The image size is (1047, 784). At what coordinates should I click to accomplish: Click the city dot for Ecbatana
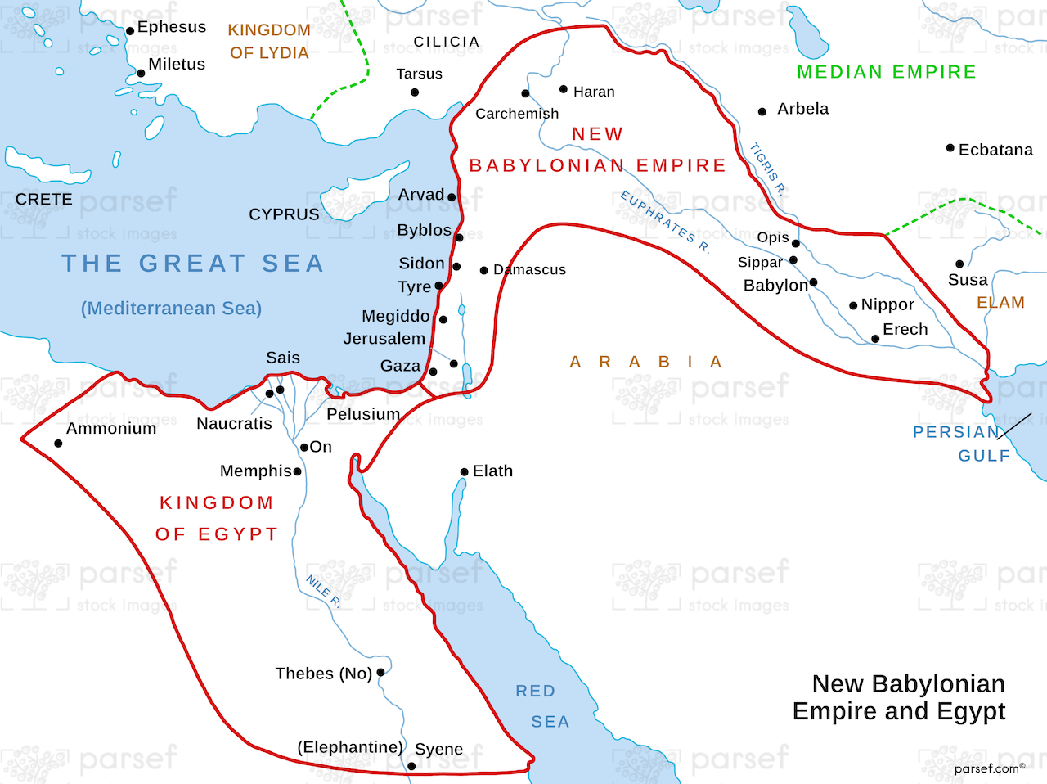click(950, 148)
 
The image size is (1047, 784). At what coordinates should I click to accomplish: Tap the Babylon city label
click(775, 286)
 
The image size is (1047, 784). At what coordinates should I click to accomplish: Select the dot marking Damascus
click(484, 270)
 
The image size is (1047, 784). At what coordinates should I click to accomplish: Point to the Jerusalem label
click(384, 339)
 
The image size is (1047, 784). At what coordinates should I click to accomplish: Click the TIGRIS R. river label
click(768, 169)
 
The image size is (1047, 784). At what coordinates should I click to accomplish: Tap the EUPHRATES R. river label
click(665, 222)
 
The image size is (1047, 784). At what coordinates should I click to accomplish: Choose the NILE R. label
click(323, 591)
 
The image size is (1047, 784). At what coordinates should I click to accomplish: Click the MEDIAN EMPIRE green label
click(887, 72)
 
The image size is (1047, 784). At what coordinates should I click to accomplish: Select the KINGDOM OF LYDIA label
click(269, 42)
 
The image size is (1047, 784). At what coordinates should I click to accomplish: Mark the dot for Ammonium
click(58, 444)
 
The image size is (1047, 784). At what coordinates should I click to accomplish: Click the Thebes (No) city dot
click(380, 673)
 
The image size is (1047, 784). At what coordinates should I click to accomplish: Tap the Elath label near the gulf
click(492, 471)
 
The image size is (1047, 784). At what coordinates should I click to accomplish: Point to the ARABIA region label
click(646, 362)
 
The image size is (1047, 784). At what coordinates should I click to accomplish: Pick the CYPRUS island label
click(284, 214)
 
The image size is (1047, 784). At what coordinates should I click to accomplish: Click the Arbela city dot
click(762, 111)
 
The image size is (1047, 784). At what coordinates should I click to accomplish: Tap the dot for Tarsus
click(415, 92)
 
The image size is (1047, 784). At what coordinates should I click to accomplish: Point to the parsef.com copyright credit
click(989, 768)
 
